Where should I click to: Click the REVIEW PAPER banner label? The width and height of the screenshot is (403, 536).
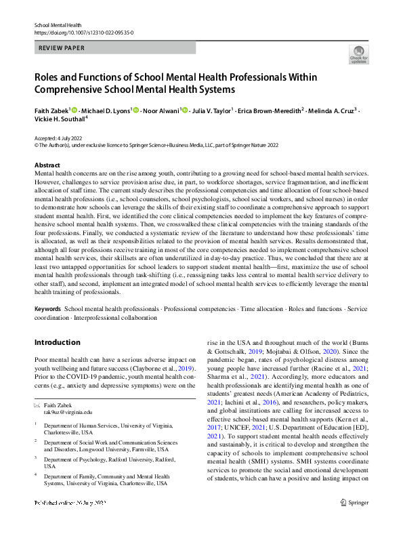(x=62, y=48)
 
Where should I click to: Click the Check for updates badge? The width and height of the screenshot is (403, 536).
(x=358, y=54)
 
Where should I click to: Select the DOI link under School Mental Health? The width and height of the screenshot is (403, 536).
(x=83, y=33)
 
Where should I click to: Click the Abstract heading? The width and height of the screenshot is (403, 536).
(x=48, y=165)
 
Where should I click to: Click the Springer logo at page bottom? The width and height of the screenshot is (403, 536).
(x=354, y=522)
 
